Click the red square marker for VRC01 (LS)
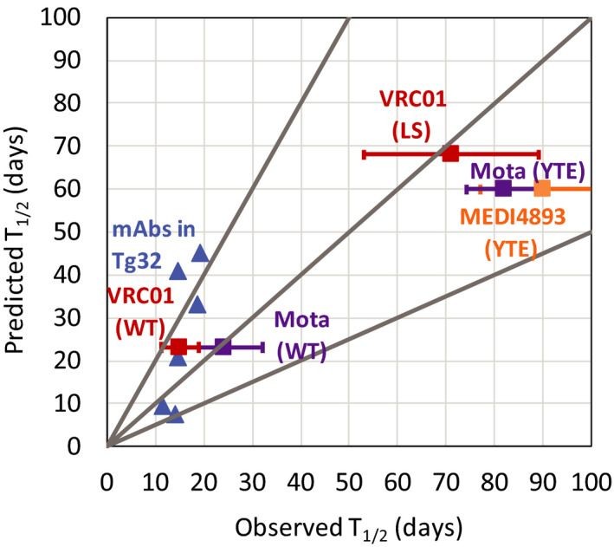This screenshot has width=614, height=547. point(450,153)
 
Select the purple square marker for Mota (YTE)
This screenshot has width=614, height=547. point(503,188)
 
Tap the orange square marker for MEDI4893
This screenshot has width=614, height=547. point(542,188)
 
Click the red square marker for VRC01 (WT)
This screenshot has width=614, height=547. point(178,347)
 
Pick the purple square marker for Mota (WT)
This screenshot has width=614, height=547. point(223,347)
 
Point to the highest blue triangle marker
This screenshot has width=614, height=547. point(200,253)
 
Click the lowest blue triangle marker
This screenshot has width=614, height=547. point(175,414)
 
